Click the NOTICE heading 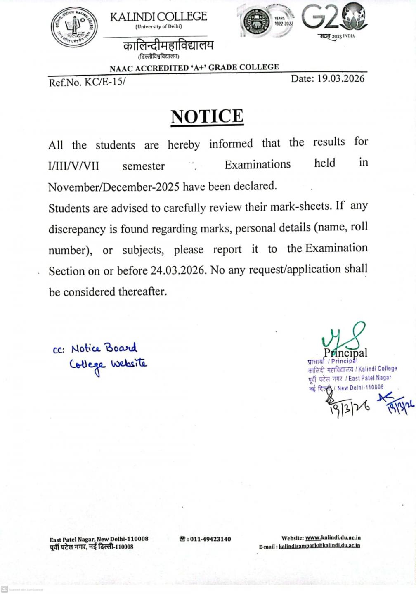pos(207,116)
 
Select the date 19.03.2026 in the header pos(340,78)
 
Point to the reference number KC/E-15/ pos(105,82)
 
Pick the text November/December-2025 pos(113,187)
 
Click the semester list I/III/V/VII pos(73,166)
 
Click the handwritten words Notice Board pos(104,348)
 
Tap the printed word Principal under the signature pos(345,353)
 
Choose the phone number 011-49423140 pos(210,539)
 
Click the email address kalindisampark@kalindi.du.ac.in pos(319,546)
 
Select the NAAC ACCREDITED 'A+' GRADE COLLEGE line pos(194,67)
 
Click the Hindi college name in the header pos(168,45)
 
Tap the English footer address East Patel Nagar pos(99,539)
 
